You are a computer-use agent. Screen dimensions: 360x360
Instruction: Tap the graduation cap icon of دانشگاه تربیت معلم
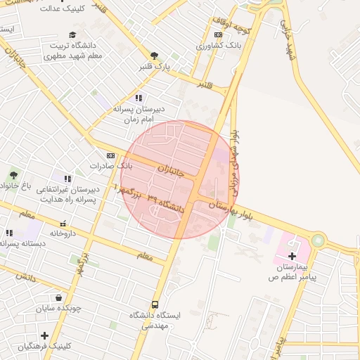coord(73,34)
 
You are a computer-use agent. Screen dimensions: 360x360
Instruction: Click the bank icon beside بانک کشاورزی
coord(218,34)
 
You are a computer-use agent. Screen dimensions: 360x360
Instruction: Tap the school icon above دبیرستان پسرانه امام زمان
coord(139,98)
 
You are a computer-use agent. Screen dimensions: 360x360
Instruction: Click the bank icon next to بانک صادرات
coord(110,155)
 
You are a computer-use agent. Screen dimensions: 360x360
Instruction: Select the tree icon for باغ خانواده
coord(13,174)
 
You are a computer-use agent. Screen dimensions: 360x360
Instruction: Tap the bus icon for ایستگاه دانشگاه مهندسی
coord(155,304)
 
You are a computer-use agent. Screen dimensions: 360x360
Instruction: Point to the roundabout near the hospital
coord(319,240)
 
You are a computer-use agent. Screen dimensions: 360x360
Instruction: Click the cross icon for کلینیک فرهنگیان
coord(44,335)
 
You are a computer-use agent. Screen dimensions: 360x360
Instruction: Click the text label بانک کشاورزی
coord(200,46)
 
